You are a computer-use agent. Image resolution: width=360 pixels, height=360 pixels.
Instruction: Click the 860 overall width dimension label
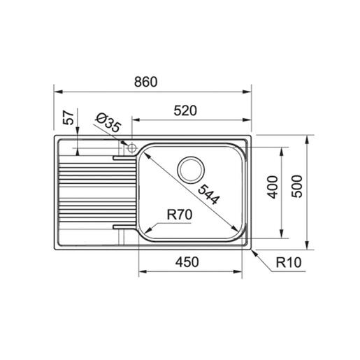tap(146, 82)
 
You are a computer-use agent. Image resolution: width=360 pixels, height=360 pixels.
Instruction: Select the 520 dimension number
tap(185, 110)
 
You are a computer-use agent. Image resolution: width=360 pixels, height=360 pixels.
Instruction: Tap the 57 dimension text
tap(69, 117)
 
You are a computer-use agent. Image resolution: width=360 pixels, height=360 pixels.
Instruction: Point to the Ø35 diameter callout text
tap(108, 123)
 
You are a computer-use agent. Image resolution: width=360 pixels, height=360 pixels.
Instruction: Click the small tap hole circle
tap(131, 147)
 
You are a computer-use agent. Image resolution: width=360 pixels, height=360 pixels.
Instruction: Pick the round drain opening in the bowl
tap(191, 170)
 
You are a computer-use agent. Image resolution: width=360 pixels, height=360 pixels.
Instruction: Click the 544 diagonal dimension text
tap(209, 194)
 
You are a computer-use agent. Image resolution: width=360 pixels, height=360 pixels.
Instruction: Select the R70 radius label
tap(180, 215)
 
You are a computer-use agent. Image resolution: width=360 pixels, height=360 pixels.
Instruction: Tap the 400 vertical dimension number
tap(273, 187)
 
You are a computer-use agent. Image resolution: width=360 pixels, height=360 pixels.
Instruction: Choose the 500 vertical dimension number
tap(297, 187)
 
